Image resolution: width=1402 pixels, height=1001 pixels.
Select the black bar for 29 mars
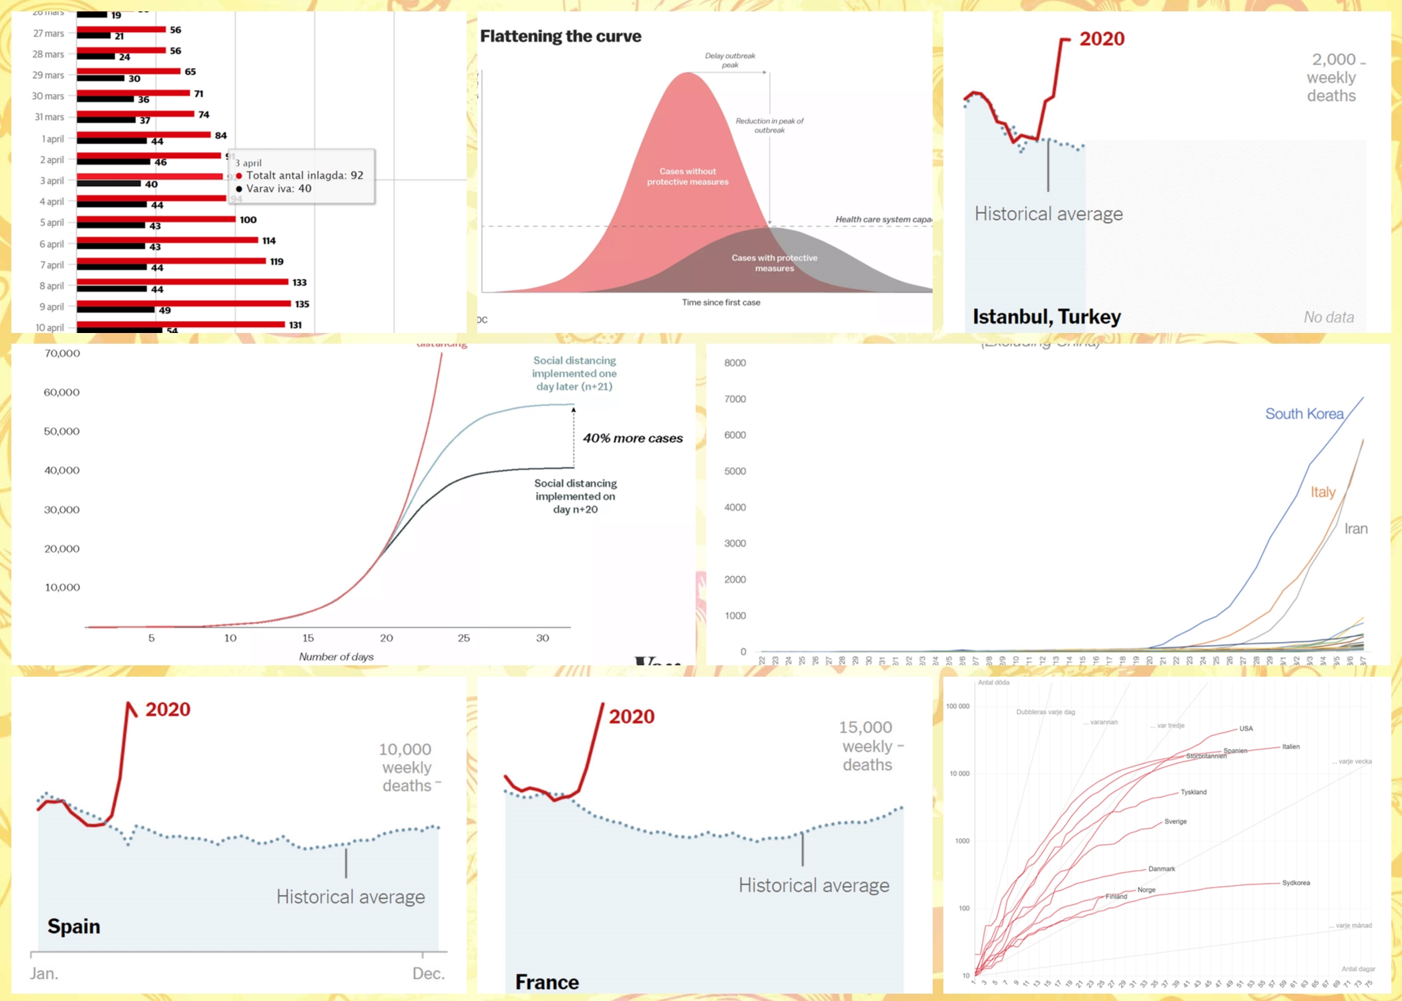[x=100, y=78]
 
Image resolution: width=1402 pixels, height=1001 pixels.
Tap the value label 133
[x=300, y=282]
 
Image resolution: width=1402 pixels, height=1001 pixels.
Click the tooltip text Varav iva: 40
[x=278, y=189]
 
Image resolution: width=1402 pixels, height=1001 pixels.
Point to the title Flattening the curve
[x=561, y=36]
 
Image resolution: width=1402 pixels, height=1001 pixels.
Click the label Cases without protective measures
[x=688, y=177]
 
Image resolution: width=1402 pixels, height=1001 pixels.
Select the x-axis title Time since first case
[x=721, y=302]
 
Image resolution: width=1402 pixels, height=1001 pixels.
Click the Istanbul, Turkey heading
[x=1046, y=316]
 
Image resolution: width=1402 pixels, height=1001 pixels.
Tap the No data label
[x=1329, y=317]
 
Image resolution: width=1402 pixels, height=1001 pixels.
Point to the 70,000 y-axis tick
[x=62, y=353]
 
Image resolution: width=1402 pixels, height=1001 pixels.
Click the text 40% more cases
[x=633, y=438]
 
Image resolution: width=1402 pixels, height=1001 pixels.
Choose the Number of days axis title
[x=336, y=657]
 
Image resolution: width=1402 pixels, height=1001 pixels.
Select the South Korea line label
[x=1304, y=414]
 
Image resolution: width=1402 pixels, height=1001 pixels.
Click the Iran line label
[x=1355, y=529]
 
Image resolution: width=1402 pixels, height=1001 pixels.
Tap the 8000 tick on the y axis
[x=735, y=363]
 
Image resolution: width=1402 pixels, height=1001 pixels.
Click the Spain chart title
[x=73, y=926]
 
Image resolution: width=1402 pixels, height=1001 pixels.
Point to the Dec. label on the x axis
[x=428, y=974]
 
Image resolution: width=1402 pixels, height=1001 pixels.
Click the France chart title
[x=547, y=982]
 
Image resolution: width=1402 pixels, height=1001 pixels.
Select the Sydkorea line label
[x=1296, y=883]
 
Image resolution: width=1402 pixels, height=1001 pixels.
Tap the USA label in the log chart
[x=1246, y=728]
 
